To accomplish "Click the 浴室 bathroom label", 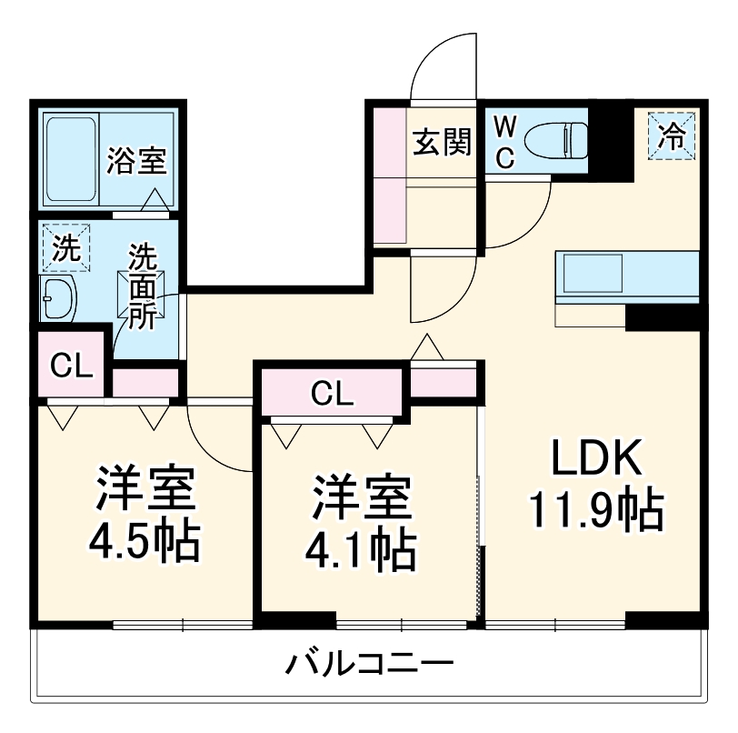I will [x=135, y=160].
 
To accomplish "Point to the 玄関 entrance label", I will [x=443, y=143].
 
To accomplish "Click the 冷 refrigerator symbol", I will [x=672, y=137].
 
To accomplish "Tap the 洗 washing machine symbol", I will [x=65, y=248].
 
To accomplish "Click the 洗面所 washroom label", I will [x=143, y=286].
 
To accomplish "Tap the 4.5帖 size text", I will [x=144, y=543].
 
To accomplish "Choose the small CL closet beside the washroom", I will [x=71, y=366].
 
